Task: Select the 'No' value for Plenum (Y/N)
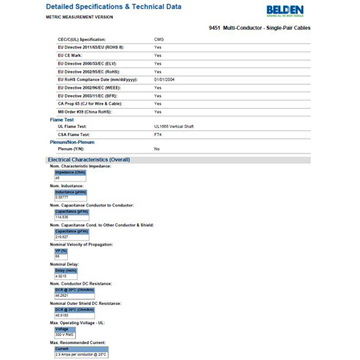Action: click(157, 149)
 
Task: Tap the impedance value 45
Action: click(58, 178)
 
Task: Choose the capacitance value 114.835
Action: click(62, 217)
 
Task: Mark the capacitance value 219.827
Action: click(62, 237)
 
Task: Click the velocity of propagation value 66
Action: click(58, 256)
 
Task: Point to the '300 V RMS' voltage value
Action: click(64, 334)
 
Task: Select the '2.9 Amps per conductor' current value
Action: click(80, 354)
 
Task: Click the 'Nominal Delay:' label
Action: click(65, 264)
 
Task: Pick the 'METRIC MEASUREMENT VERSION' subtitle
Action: click(79, 17)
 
